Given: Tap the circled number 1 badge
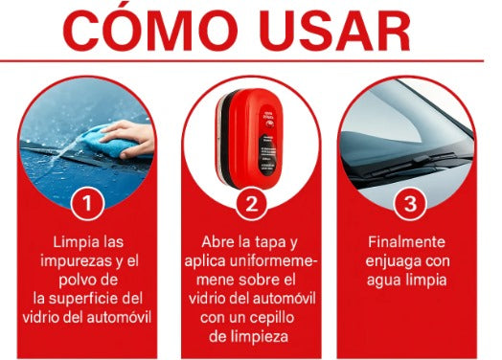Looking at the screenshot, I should coord(88,202).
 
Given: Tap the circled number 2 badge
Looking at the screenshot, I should coord(252,202).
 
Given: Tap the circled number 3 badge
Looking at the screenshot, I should coord(410,202).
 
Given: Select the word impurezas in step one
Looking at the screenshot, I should coord(78,259).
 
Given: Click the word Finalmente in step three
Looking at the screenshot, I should coord(409,243).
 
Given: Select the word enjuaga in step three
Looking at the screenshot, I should coord(395,260).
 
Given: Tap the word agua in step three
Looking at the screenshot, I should coord(386,279).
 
